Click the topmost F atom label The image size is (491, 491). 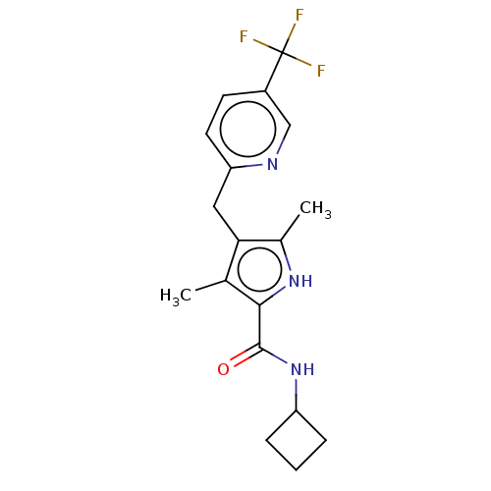300,16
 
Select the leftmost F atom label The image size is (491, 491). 244,37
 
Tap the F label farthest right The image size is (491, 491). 320,71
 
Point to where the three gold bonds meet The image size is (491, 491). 288,52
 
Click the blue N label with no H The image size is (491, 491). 272,164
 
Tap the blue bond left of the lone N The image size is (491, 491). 254,165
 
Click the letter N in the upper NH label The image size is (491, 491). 294,282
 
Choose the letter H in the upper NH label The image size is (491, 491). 306,282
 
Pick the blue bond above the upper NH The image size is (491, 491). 288,262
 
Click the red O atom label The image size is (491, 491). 223,369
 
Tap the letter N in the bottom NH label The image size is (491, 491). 296,370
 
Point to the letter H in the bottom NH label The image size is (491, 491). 308,370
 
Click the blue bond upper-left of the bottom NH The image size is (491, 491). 277,360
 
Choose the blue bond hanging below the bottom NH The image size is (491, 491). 297,388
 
